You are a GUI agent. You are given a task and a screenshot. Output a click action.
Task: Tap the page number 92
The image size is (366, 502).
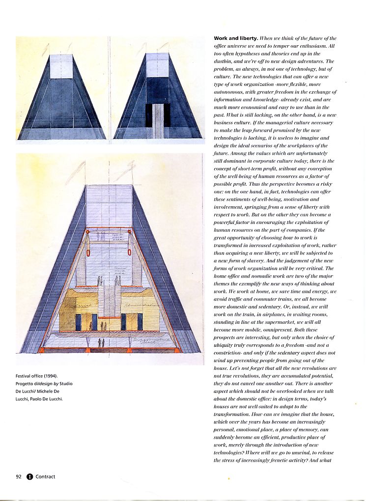pyautogui.click(x=19, y=476)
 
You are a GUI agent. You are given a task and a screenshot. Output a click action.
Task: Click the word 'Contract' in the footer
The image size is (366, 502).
pyautogui.click(x=45, y=476)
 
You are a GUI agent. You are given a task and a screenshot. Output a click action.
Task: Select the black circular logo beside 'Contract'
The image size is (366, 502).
pyautogui.click(x=29, y=476)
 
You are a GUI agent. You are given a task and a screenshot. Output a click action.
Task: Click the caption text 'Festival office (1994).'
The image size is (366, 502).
pyautogui.click(x=37, y=377)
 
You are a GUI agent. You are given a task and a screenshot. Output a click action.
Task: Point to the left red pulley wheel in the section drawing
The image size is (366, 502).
pyautogui.click(x=87, y=231)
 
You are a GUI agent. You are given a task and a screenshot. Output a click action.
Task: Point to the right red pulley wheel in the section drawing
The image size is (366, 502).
pyautogui.click(x=130, y=231)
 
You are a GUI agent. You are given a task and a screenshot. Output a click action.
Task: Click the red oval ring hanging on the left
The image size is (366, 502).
pyautogui.click(x=88, y=254)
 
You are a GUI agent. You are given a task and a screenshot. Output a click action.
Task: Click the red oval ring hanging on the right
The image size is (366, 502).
pyautogui.click(x=130, y=253)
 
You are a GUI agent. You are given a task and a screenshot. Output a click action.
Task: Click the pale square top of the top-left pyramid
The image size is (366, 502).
pyautogui.click(x=61, y=66)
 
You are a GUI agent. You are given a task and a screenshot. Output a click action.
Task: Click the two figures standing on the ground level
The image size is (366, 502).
pyautogui.click(x=100, y=342)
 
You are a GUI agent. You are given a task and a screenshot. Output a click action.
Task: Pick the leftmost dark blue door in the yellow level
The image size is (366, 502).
pyautogui.click(x=78, y=322)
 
